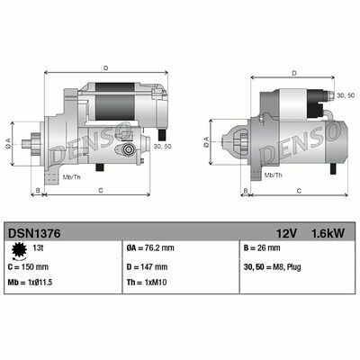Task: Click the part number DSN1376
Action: pyautogui.click(x=34, y=231)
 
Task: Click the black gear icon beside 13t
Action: pyautogui.click(x=19, y=248)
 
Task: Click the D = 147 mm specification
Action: pyautogui.click(x=148, y=266)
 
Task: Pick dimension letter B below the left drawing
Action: pyautogui.click(x=38, y=191)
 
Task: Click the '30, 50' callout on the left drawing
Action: pyautogui.click(x=163, y=146)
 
